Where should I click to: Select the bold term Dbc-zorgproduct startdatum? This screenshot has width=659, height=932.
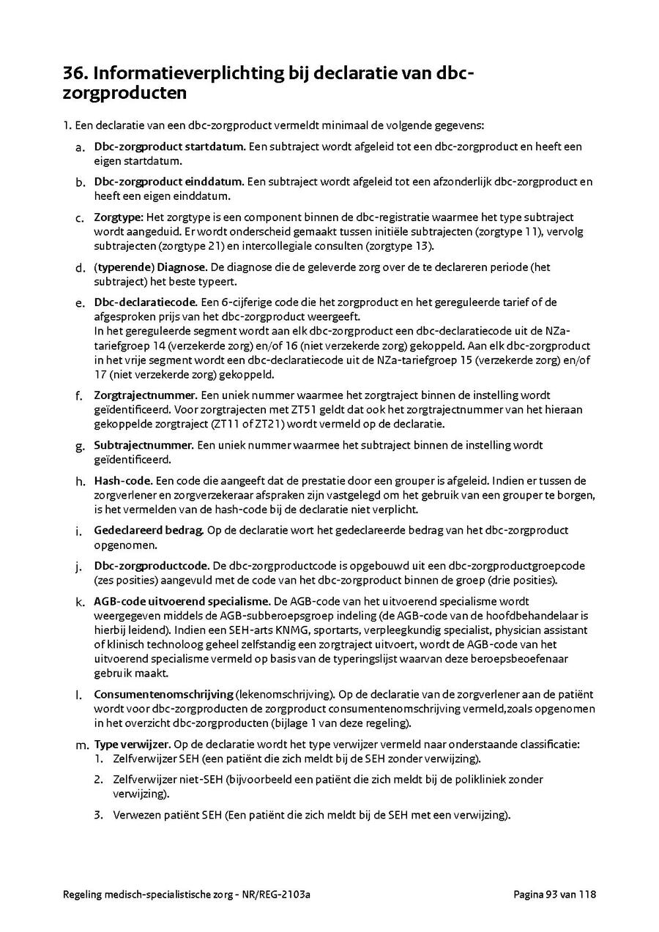pyautogui.click(x=169, y=146)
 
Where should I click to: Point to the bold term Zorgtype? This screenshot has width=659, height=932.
pyautogui.click(x=118, y=217)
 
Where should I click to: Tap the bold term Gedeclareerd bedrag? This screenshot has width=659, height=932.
pyautogui.click(x=149, y=530)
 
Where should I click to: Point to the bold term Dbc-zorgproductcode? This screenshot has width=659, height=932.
pyautogui.click(x=151, y=566)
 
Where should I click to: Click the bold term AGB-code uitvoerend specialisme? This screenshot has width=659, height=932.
pyautogui.click(x=182, y=601)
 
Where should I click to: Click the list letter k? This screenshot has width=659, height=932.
pyautogui.click(x=78, y=602)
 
